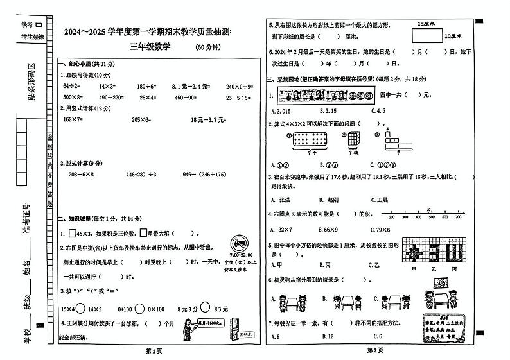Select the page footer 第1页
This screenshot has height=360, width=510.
(x=154, y=350)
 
